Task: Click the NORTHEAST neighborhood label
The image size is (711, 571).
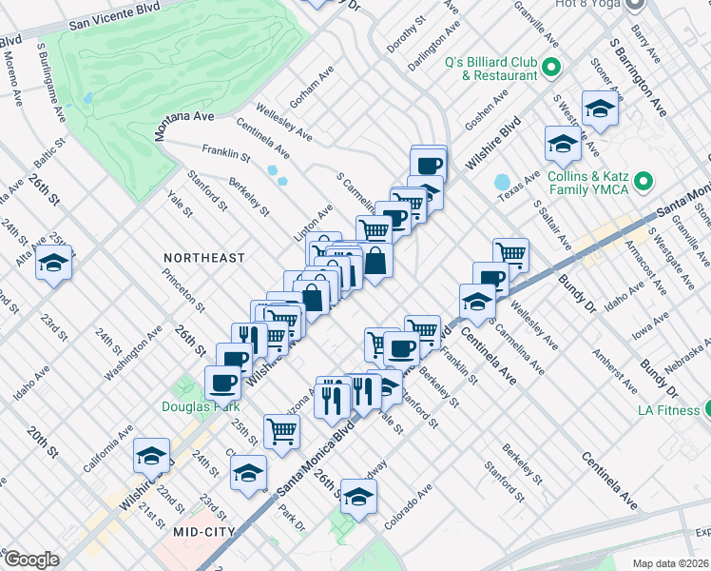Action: tap(203, 258)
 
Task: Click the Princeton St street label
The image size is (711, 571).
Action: tap(183, 289)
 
